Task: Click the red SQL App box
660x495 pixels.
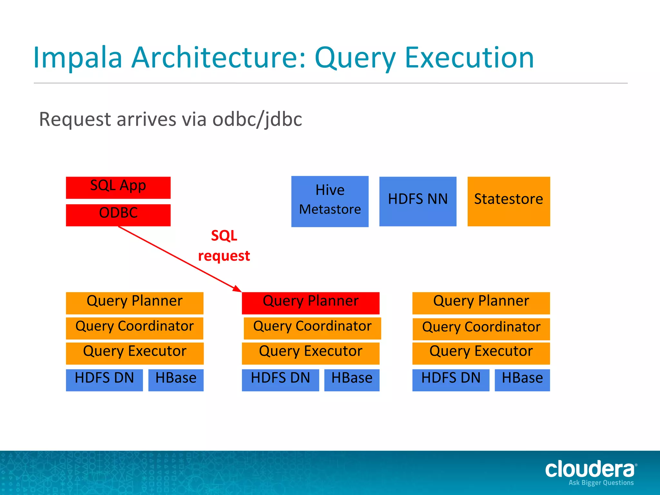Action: click(118, 188)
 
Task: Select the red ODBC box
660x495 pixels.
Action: click(118, 215)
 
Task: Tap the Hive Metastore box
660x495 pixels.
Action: click(330, 201)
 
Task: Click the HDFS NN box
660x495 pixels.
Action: click(418, 201)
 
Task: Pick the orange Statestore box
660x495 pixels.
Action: click(509, 201)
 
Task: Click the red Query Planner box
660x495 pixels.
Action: click(310, 303)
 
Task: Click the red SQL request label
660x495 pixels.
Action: click(224, 246)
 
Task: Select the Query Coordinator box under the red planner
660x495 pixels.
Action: click(312, 328)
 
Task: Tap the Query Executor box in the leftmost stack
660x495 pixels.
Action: click(135, 353)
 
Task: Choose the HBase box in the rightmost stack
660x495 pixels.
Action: click(522, 380)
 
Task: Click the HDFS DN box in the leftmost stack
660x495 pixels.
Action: click(104, 380)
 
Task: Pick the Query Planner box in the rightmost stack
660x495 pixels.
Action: click(481, 303)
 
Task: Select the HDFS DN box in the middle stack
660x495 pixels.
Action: click(280, 380)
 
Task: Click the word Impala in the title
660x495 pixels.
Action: click(77, 58)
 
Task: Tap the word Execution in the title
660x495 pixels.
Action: click(469, 58)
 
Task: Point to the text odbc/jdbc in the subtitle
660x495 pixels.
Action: click(257, 119)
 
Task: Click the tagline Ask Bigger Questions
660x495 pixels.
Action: click(601, 483)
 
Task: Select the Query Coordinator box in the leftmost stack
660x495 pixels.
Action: click(135, 328)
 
